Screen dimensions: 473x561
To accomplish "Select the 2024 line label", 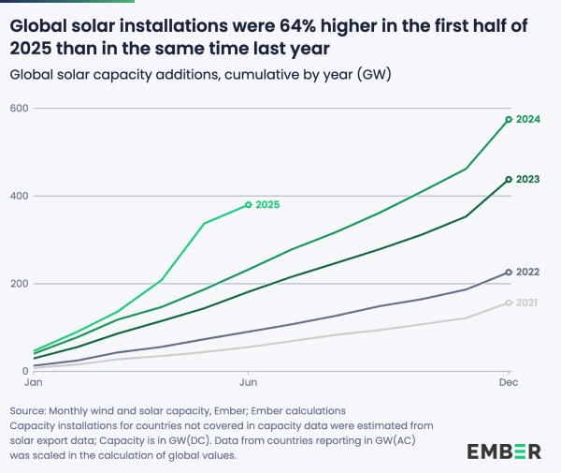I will (529, 120).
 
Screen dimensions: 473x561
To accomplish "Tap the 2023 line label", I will (529, 179).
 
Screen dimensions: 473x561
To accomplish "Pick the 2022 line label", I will (529, 272).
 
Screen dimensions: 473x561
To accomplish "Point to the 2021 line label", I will (529, 303).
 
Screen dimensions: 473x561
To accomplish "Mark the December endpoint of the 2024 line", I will (509, 120).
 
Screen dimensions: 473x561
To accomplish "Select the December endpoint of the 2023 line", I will (509, 179).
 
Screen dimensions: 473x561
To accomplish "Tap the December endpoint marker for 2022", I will (509, 272).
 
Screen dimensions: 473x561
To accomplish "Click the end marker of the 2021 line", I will (509, 303).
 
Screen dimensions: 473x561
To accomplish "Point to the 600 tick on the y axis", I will (19, 109).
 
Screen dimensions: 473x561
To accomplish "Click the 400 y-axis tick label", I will (19, 196).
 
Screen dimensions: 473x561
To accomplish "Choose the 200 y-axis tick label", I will (19, 284).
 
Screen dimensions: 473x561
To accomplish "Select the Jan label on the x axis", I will (33, 384).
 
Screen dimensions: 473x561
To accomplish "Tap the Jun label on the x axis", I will (248, 384).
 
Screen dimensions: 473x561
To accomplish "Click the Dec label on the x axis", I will (508, 384).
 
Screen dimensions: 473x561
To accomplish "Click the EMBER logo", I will (504, 451).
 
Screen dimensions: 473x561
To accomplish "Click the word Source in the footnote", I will (30, 410).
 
